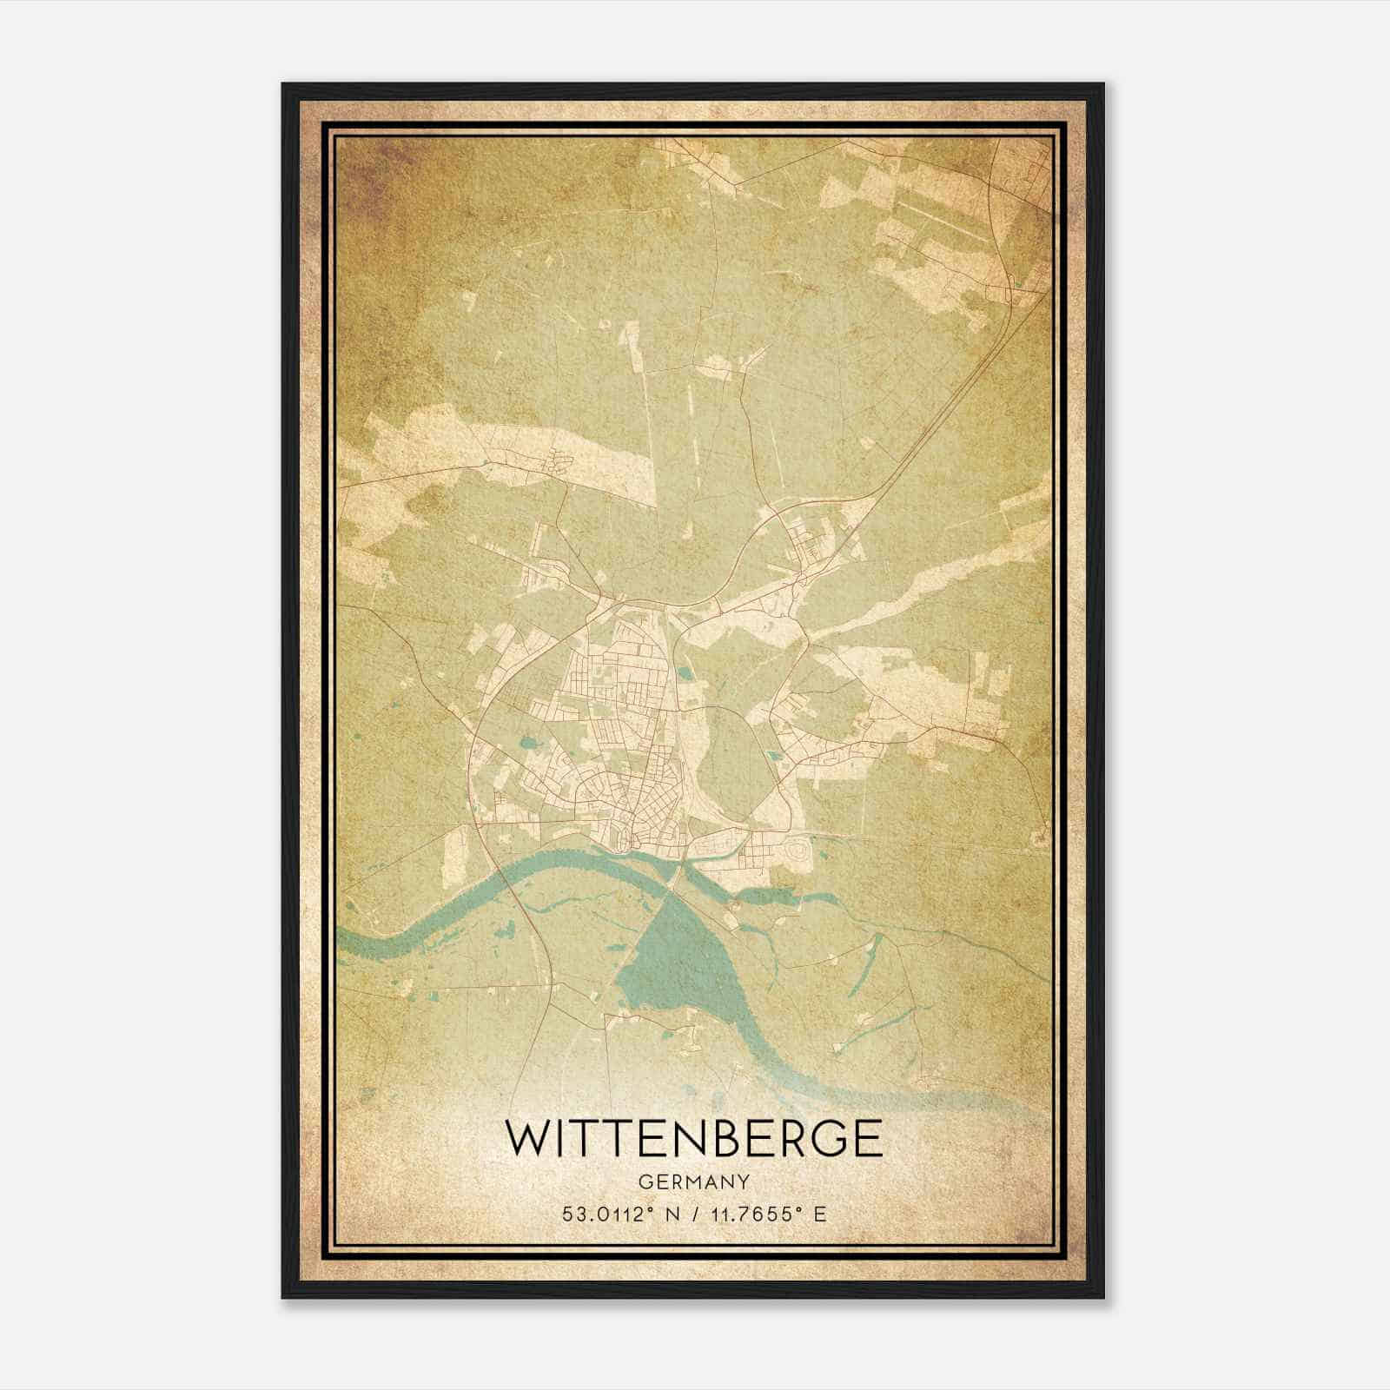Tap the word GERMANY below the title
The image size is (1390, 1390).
[693, 1182]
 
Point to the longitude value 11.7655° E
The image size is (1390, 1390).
[766, 1215]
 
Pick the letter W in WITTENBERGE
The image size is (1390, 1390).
[528, 1138]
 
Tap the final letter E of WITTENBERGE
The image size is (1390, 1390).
[866, 1138]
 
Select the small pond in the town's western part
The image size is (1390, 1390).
[528, 745]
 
